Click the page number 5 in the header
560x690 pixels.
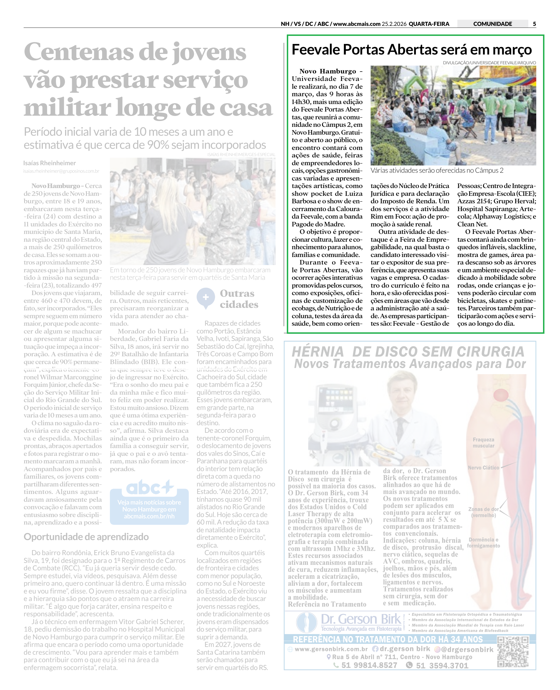534,24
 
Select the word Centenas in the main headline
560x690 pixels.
79,52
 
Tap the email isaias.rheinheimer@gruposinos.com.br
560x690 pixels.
61,171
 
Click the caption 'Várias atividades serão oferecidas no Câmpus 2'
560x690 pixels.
437,170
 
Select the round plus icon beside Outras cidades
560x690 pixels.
206,297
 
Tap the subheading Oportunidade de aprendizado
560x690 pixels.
86,537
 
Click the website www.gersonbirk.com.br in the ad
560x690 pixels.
331,649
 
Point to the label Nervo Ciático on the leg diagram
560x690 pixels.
483,468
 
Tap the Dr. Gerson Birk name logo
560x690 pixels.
361,620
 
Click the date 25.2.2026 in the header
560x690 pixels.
394,24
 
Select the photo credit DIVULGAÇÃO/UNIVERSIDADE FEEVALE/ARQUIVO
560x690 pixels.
489,63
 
